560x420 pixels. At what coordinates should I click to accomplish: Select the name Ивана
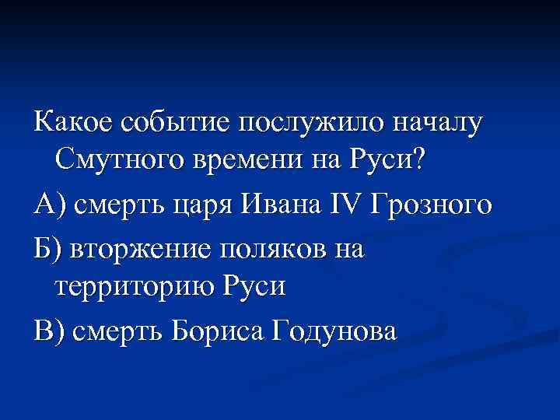[285, 206]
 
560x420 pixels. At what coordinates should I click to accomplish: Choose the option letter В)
[49, 332]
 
